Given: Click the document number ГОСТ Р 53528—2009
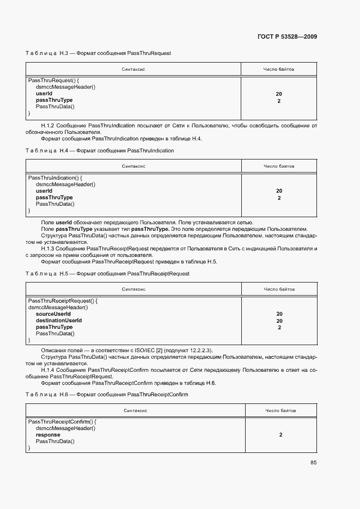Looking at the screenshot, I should pyautogui.click(x=288, y=36).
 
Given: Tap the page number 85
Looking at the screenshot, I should pyautogui.click(x=313, y=462).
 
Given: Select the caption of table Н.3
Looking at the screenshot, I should pyautogui.click(x=98, y=53).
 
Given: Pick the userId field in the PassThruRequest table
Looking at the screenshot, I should pyautogui.click(x=44, y=94).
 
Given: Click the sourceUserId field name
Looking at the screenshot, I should pyautogui.click(x=53, y=314).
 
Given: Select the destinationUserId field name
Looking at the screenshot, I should pyautogui.click(x=58, y=321).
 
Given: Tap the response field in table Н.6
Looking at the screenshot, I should pyautogui.click(x=48, y=435).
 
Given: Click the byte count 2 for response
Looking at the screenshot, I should pyautogui.click(x=280, y=435).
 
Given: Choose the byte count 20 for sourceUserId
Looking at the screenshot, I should pyautogui.click(x=279, y=314).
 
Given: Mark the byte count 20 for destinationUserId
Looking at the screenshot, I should pyautogui.click(x=279, y=321).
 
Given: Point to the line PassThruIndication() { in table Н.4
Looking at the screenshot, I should pyautogui.click(x=54, y=178).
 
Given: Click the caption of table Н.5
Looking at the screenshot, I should pyautogui.click(x=107, y=273).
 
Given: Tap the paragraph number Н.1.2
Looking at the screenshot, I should pyautogui.click(x=48, y=126).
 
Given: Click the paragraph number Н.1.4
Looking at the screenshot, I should pyautogui.click(x=48, y=370).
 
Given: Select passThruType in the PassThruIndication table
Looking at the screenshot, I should pyautogui.click(x=54, y=198).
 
